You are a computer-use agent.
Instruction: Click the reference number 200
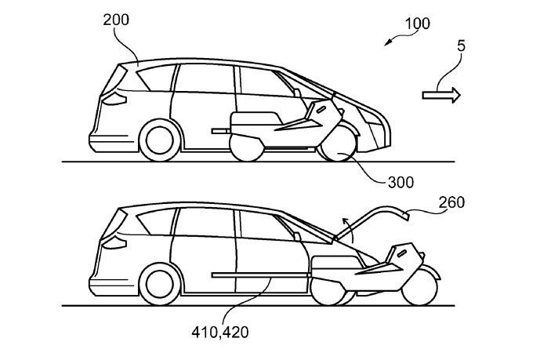pyautogui.click(x=116, y=20)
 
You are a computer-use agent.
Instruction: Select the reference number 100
pyautogui.click(x=418, y=24)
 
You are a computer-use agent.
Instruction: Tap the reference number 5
pyautogui.click(x=461, y=45)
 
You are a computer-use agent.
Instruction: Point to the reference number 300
pyautogui.click(x=400, y=182)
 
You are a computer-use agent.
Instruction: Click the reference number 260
pyautogui.click(x=451, y=202)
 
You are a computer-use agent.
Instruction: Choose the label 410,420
pyautogui.click(x=220, y=333)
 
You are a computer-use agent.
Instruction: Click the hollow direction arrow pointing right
pyautogui.click(x=441, y=95)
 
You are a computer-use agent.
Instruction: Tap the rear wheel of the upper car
pyautogui.click(x=159, y=140)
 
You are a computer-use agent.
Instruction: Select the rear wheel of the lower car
pyautogui.click(x=159, y=284)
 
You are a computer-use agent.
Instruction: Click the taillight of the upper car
pyautogui.click(x=115, y=99)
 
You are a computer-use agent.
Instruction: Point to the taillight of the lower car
pyautogui.click(x=115, y=242)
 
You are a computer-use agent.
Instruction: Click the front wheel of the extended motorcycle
pyautogui.click(x=419, y=287)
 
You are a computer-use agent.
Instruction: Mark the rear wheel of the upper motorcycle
pyautogui.click(x=247, y=147)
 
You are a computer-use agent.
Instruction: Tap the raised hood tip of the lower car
pyautogui.click(x=406, y=216)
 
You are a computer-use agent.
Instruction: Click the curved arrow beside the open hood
pyautogui.click(x=348, y=230)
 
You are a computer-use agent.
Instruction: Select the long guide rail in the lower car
pyautogui.click(x=260, y=275)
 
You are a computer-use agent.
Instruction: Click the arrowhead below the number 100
pyautogui.click(x=387, y=43)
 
